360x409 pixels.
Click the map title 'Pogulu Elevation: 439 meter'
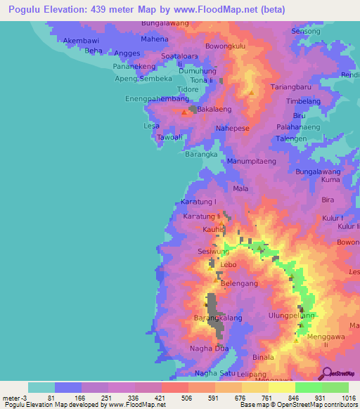[x=84, y=9]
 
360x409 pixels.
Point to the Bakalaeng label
[x=214, y=110]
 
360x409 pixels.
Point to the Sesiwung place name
[x=213, y=251]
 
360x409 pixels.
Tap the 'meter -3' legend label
[x=14, y=397]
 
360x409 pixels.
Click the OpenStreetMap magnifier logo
[x=326, y=373]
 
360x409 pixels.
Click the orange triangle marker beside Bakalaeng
[x=184, y=112]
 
